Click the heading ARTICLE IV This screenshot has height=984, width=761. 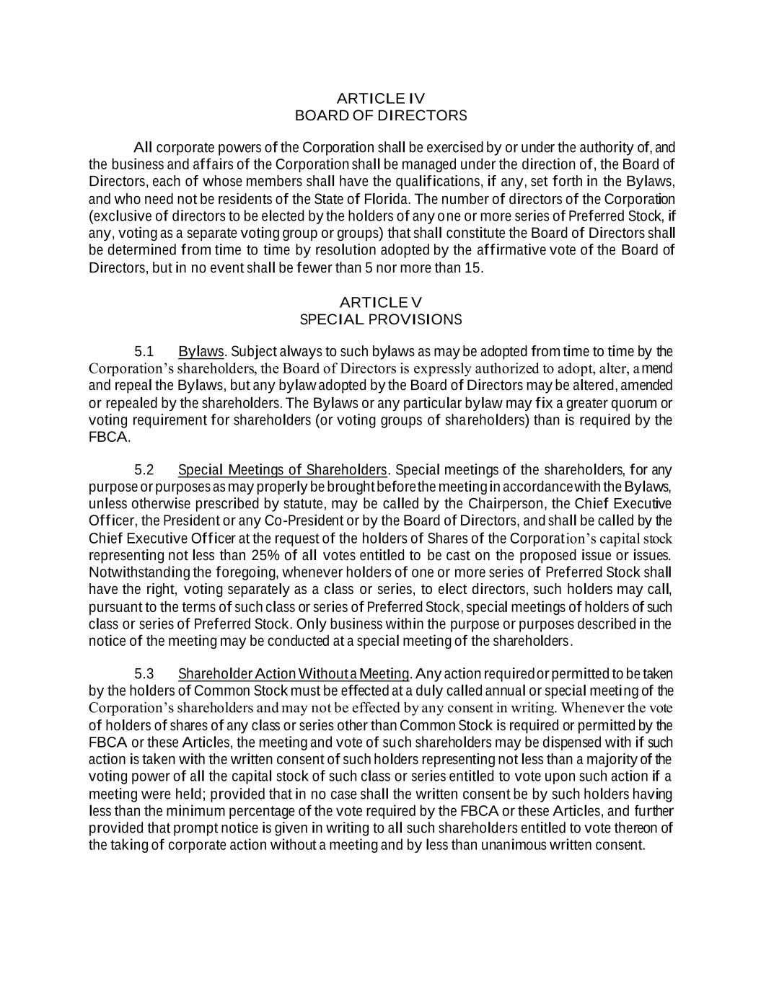coord(381,98)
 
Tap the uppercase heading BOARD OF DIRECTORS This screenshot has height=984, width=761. coord(381,115)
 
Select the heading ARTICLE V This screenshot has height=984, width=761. coord(381,302)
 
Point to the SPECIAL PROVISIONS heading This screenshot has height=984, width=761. coord(381,319)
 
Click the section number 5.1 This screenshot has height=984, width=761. coord(144,352)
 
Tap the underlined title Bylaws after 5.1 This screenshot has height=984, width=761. coord(201,352)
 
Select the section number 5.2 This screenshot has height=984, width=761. coord(144,471)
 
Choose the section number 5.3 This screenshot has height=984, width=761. coord(144,674)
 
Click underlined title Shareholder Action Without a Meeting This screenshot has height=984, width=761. coord(294,674)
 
